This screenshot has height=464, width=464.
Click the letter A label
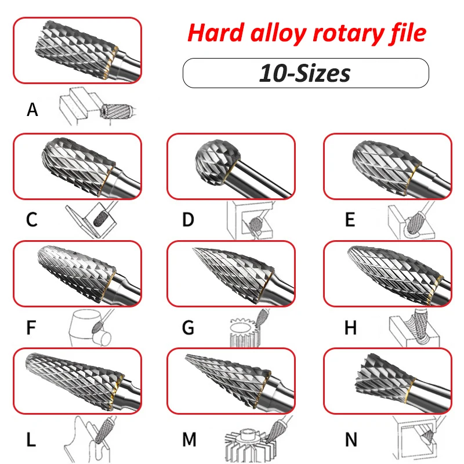(x=32, y=110)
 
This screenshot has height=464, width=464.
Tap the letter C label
(x=32, y=220)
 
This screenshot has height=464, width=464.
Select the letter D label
(x=188, y=220)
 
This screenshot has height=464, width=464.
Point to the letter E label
(x=350, y=220)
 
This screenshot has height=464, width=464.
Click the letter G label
(x=188, y=328)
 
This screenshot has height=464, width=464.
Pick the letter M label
(x=189, y=440)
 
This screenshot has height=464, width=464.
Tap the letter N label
(x=351, y=440)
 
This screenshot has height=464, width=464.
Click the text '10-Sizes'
(x=305, y=73)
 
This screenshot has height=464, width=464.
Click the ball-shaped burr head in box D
(x=217, y=158)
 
